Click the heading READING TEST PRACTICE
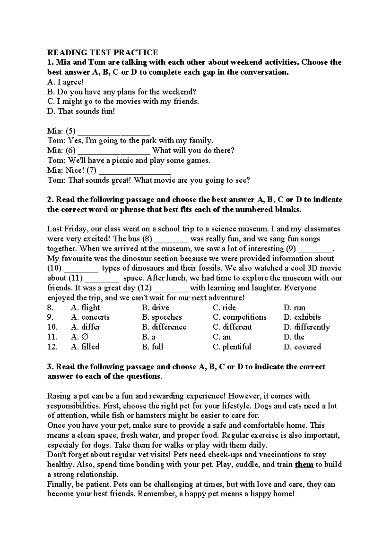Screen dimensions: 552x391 (x=102, y=52)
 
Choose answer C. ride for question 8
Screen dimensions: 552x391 (x=224, y=308)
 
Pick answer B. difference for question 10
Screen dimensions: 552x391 (x=164, y=327)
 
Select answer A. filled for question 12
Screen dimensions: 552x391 (x=85, y=347)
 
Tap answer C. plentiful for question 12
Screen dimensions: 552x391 (x=232, y=347)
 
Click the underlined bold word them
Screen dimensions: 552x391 (x=304, y=464)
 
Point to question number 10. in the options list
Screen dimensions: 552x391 (x=52, y=327)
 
